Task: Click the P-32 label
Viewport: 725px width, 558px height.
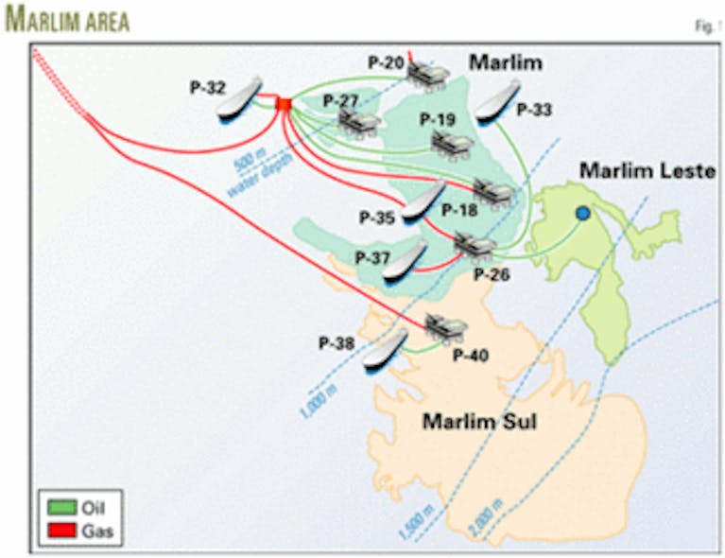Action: click(207, 88)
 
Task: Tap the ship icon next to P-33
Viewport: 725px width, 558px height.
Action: click(497, 99)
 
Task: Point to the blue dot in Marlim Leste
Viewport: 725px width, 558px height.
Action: click(582, 215)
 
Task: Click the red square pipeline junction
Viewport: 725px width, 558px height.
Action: click(283, 102)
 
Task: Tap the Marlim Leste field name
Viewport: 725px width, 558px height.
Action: click(647, 171)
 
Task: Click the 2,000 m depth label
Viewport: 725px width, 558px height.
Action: click(484, 523)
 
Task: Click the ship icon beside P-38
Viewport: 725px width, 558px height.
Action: click(385, 350)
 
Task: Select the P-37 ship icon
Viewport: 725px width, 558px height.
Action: click(405, 258)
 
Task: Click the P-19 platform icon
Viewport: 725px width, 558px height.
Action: click(452, 143)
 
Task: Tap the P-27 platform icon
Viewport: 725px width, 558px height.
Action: click(359, 121)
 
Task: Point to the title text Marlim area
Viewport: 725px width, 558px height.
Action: click(68, 21)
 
